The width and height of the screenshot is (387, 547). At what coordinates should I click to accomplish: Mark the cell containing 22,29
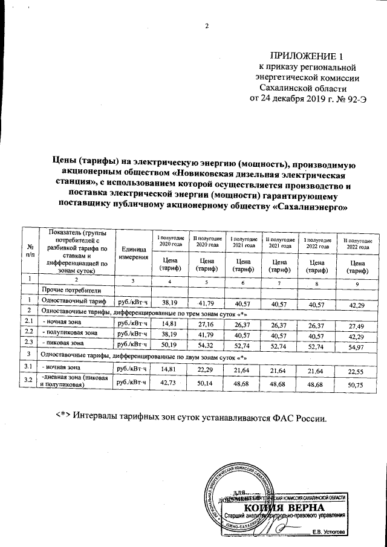206,368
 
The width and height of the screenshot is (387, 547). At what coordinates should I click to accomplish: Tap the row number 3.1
27,367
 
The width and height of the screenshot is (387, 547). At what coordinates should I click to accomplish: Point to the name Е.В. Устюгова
328,532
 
